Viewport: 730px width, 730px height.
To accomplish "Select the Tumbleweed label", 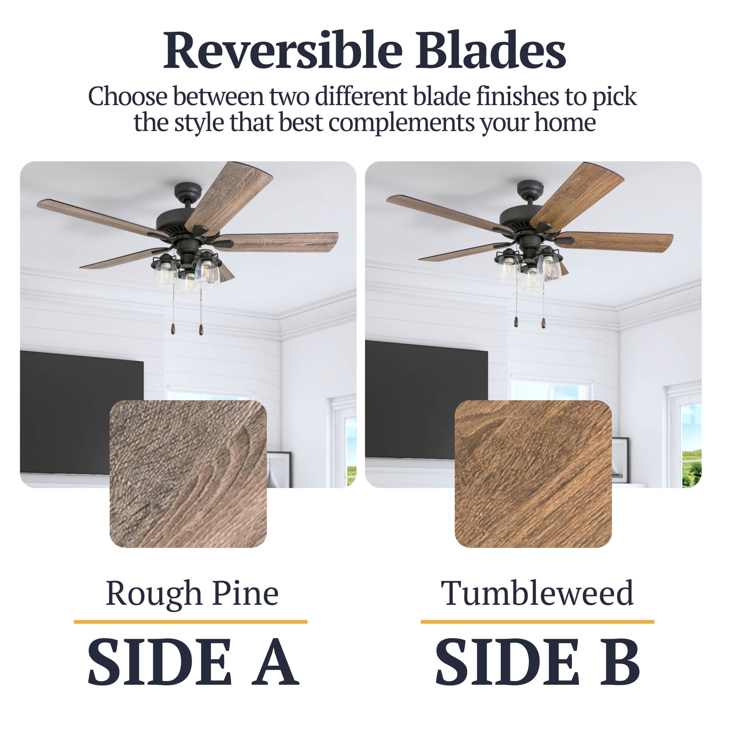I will (x=537, y=593).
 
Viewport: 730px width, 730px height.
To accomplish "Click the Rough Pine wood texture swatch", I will (x=188, y=474).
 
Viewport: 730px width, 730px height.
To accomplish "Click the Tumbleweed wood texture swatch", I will (x=533, y=474).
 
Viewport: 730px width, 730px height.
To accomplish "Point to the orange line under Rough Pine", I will (x=190, y=622).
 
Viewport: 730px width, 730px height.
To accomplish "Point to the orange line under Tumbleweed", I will (x=537, y=622).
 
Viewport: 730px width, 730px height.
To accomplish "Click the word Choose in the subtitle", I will (x=127, y=96).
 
